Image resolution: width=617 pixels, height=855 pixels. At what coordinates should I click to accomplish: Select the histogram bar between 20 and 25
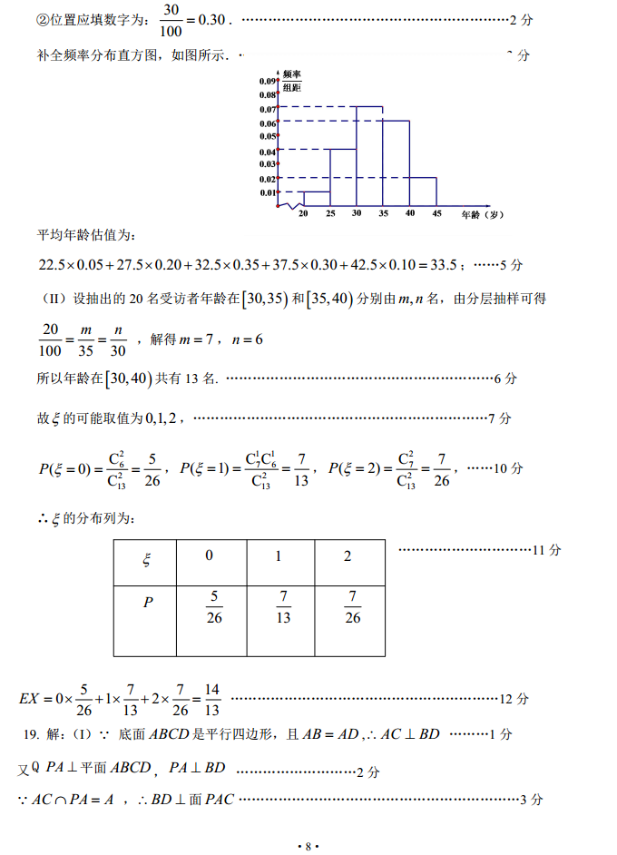[316, 199]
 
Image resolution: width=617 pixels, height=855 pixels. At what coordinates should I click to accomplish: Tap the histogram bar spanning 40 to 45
[423, 192]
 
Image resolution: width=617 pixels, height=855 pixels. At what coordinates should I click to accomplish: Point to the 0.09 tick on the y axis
[267, 81]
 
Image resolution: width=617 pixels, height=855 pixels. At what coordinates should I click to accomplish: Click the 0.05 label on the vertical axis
[267, 136]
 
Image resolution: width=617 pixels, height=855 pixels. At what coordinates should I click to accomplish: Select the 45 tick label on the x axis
[436, 213]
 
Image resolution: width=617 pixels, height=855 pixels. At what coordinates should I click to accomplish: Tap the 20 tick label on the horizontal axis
[303, 213]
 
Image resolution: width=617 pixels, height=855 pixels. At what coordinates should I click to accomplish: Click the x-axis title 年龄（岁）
[481, 214]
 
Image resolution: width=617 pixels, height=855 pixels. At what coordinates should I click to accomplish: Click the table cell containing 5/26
[214, 607]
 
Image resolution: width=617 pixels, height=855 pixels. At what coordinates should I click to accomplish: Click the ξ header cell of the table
[146, 560]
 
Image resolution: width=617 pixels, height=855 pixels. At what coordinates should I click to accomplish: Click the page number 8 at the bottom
[308, 846]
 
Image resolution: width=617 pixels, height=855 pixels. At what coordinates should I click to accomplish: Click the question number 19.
[30, 734]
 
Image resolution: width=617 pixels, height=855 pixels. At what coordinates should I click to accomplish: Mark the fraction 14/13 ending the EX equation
[212, 699]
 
